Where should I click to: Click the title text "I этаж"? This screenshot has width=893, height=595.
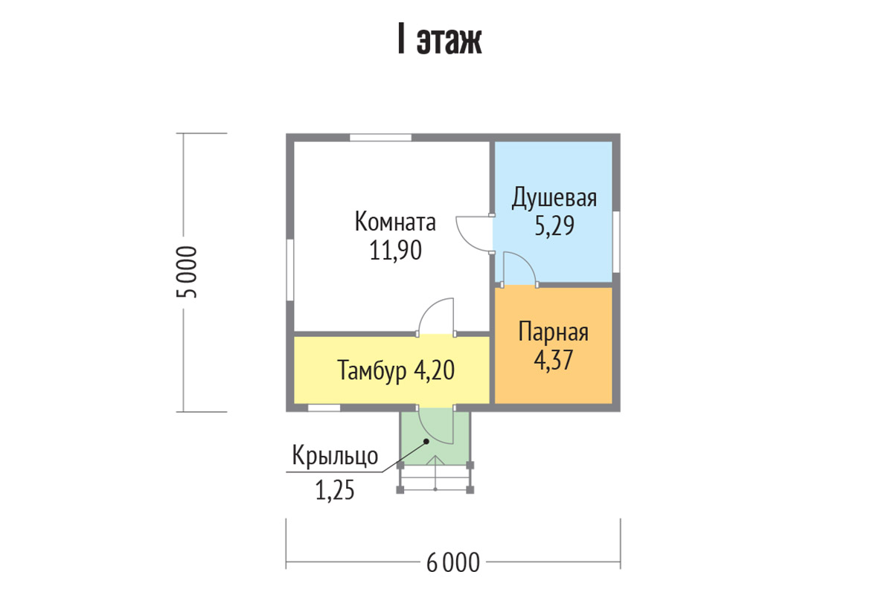[440, 40]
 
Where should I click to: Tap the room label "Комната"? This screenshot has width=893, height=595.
[395, 222]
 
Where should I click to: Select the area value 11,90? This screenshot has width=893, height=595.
[395, 251]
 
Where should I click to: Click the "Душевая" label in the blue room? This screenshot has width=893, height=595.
[554, 198]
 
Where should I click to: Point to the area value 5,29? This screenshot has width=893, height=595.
[554, 225]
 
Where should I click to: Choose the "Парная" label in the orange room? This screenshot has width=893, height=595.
[554, 332]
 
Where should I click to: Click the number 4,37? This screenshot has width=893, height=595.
[554, 360]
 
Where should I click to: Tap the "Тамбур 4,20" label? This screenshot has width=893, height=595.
[396, 370]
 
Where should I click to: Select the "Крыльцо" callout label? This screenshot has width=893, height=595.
[335, 455]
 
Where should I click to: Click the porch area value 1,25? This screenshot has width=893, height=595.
[335, 490]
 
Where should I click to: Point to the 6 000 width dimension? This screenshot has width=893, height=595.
[453, 563]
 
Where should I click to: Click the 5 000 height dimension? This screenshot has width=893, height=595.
[187, 272]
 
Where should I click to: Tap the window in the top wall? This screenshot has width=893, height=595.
[381, 138]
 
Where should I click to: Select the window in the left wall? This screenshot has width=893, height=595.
[290, 269]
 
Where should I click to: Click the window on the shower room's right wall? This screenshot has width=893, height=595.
[616, 242]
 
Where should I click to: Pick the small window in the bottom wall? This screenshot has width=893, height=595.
[324, 408]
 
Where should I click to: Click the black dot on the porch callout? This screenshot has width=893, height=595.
[426, 441]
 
